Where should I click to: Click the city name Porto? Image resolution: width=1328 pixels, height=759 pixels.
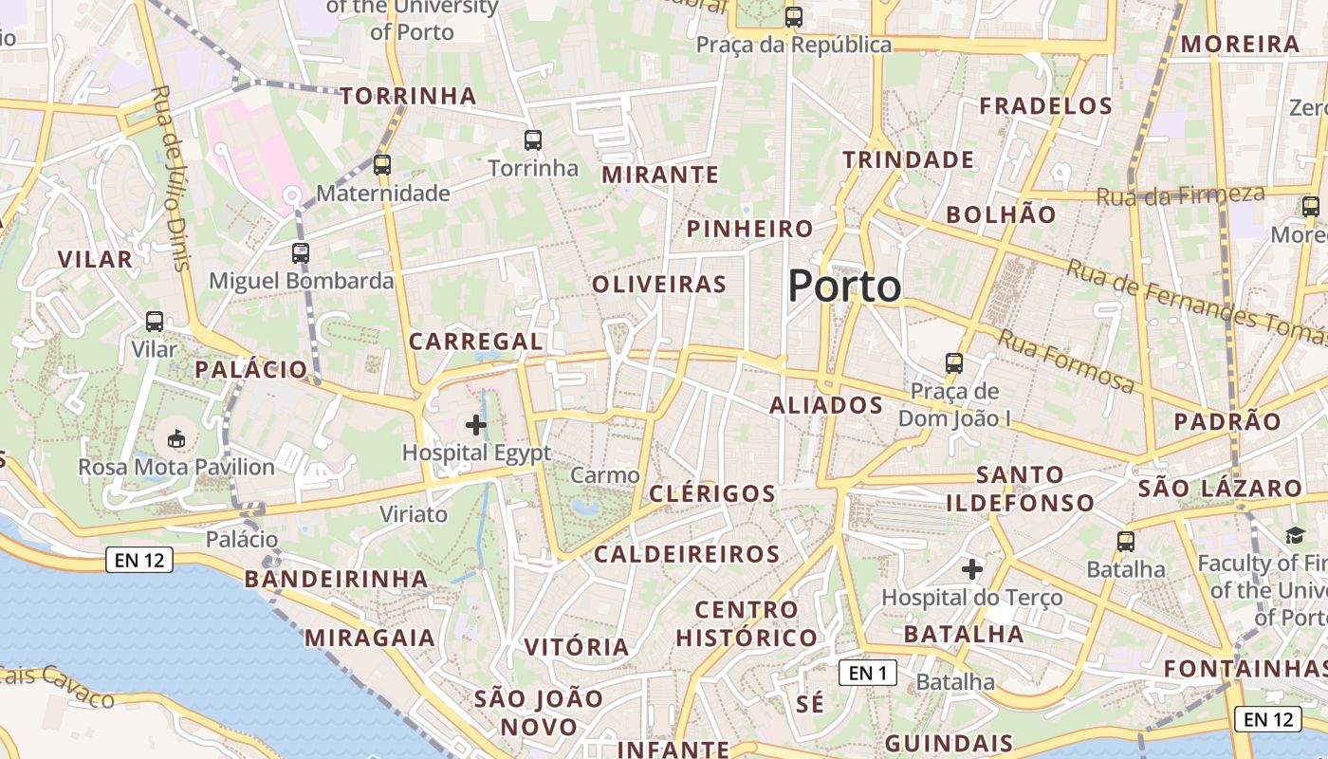point(843,286)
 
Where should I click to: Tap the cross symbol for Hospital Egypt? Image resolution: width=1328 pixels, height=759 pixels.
point(476,425)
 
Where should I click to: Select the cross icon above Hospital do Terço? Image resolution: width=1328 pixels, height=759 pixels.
point(972,569)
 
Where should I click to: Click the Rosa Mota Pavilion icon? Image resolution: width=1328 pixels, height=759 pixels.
point(176,439)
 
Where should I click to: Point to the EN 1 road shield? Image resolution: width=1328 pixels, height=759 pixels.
point(867,673)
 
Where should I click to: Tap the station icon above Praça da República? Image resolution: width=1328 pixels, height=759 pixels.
point(793,17)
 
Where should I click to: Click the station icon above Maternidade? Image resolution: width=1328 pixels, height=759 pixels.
point(382,165)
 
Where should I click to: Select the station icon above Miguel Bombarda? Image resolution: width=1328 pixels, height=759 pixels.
point(301,253)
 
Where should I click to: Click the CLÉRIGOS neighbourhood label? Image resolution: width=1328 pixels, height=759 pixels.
point(712,493)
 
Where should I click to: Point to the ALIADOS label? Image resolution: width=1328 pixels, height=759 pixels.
point(826,405)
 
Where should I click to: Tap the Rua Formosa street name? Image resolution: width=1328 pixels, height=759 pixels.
point(1065,361)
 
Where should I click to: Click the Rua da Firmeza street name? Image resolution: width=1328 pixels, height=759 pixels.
point(1181,195)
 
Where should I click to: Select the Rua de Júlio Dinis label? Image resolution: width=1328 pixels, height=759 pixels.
point(171,177)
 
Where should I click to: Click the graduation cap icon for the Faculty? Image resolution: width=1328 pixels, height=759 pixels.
point(1295,536)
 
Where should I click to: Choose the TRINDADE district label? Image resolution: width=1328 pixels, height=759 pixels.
point(909,159)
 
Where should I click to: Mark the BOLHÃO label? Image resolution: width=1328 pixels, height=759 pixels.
point(1001,214)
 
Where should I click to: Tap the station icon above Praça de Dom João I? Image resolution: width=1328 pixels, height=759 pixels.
point(954,363)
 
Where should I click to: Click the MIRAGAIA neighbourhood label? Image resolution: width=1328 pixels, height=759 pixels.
point(371,637)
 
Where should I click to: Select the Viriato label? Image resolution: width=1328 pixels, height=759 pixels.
point(413,514)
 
